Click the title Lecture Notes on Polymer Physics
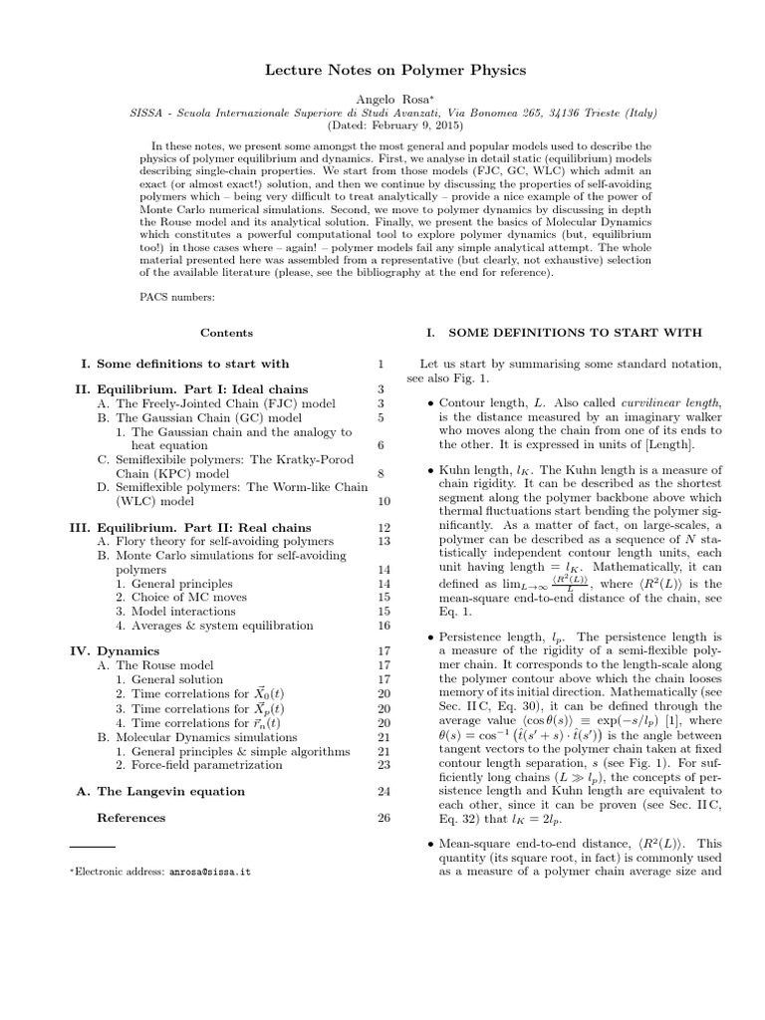coord(382,71)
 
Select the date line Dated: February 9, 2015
coord(382,127)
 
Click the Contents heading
coord(226,333)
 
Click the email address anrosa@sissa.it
coord(209,871)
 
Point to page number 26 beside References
coord(383,818)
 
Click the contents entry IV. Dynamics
coord(127,651)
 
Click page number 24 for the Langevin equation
coord(383,791)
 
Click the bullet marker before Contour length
coord(429,402)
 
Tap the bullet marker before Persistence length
coord(429,637)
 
